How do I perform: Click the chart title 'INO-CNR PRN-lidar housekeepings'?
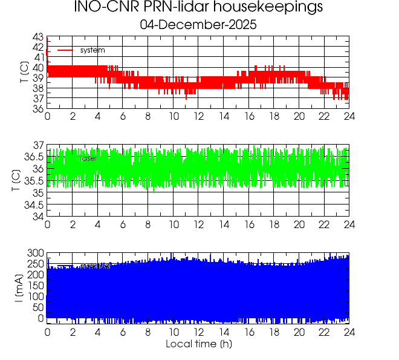tap(198, 8)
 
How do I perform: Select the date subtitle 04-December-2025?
tap(198, 25)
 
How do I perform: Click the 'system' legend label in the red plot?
tap(92, 50)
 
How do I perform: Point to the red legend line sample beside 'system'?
tap(65, 50)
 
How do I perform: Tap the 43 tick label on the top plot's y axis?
tap(37, 37)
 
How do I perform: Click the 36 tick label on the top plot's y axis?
tap(37, 109)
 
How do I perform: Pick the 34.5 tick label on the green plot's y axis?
tap(33, 205)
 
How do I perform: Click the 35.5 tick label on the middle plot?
tap(33, 182)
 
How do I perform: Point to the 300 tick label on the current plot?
tap(35, 253)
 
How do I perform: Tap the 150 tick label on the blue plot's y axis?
tap(35, 286)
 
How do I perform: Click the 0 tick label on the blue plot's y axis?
tap(41, 318)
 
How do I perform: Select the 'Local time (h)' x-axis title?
tap(198, 344)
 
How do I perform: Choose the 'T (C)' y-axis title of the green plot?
tap(16, 181)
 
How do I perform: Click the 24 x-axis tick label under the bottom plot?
tap(349, 332)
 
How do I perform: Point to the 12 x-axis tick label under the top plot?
tap(198, 117)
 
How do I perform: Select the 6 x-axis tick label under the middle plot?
tap(123, 224)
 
